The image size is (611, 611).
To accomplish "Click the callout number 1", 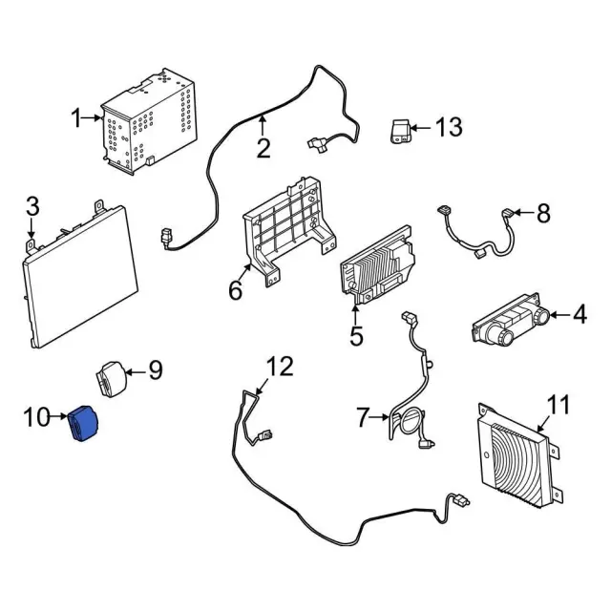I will [x=77, y=118].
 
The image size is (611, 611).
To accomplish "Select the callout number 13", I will [x=448, y=127].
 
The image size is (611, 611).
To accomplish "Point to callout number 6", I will [x=236, y=290].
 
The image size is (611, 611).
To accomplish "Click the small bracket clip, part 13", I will [x=402, y=130].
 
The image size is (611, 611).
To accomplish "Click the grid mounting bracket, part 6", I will [x=288, y=229].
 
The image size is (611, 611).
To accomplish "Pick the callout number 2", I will [x=263, y=149].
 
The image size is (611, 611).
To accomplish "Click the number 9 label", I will [x=156, y=369].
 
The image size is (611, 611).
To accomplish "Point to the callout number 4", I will [x=580, y=313].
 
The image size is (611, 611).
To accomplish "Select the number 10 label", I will [x=35, y=417].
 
